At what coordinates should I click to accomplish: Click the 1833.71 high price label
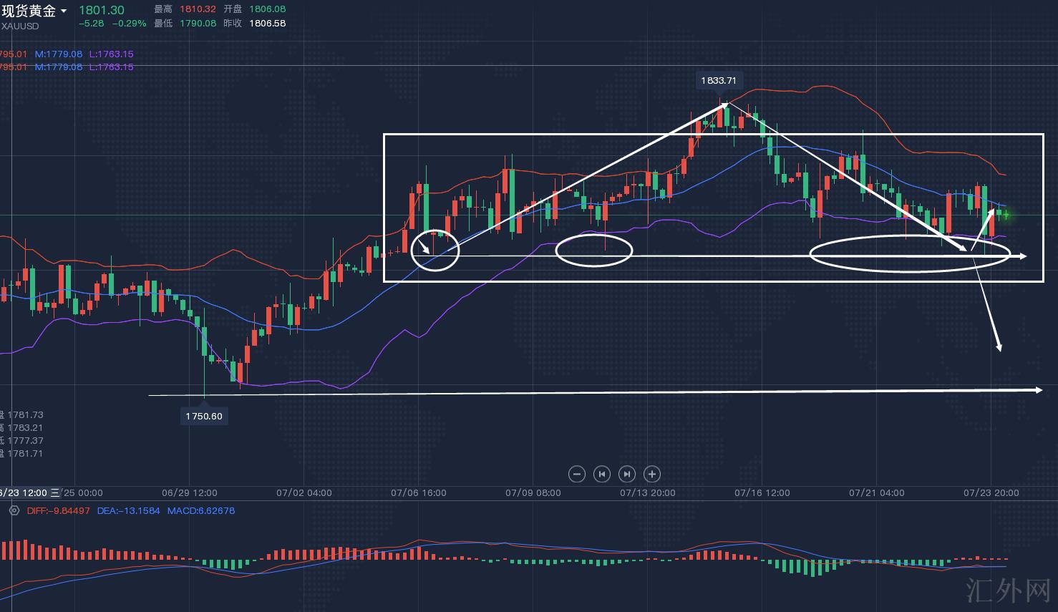coord(718,80)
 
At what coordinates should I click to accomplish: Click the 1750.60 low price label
coord(204,416)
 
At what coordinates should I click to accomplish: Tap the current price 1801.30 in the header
coord(101,10)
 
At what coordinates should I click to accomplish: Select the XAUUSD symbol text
coord(20,26)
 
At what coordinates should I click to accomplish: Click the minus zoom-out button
coord(576,474)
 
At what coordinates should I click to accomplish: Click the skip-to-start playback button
coord(602,474)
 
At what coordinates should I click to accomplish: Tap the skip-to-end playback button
coord(626,474)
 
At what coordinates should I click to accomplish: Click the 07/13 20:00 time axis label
coord(647,492)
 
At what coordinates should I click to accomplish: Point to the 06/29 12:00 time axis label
coord(189,492)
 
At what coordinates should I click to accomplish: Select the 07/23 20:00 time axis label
coord(991,492)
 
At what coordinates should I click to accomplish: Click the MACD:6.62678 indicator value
coord(200,510)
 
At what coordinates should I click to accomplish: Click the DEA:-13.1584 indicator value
coord(128,510)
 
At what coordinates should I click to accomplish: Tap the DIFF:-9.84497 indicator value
coord(58,510)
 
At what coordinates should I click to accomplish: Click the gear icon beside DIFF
coord(14,510)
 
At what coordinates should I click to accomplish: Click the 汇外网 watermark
coord(1008,591)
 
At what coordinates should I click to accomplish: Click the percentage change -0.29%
coord(129,23)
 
